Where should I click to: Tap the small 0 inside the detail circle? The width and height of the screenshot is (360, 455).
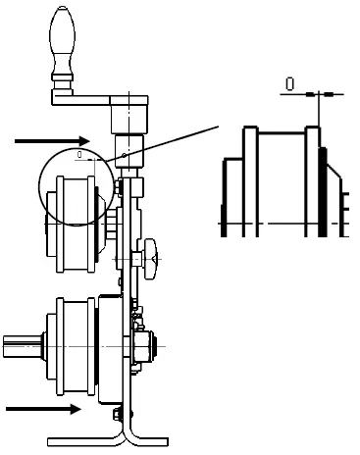[78, 153]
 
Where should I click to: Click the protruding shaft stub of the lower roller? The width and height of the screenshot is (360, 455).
[20, 342]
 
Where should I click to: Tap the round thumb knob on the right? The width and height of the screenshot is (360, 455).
[149, 253]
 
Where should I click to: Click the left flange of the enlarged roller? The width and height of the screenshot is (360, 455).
[249, 181]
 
